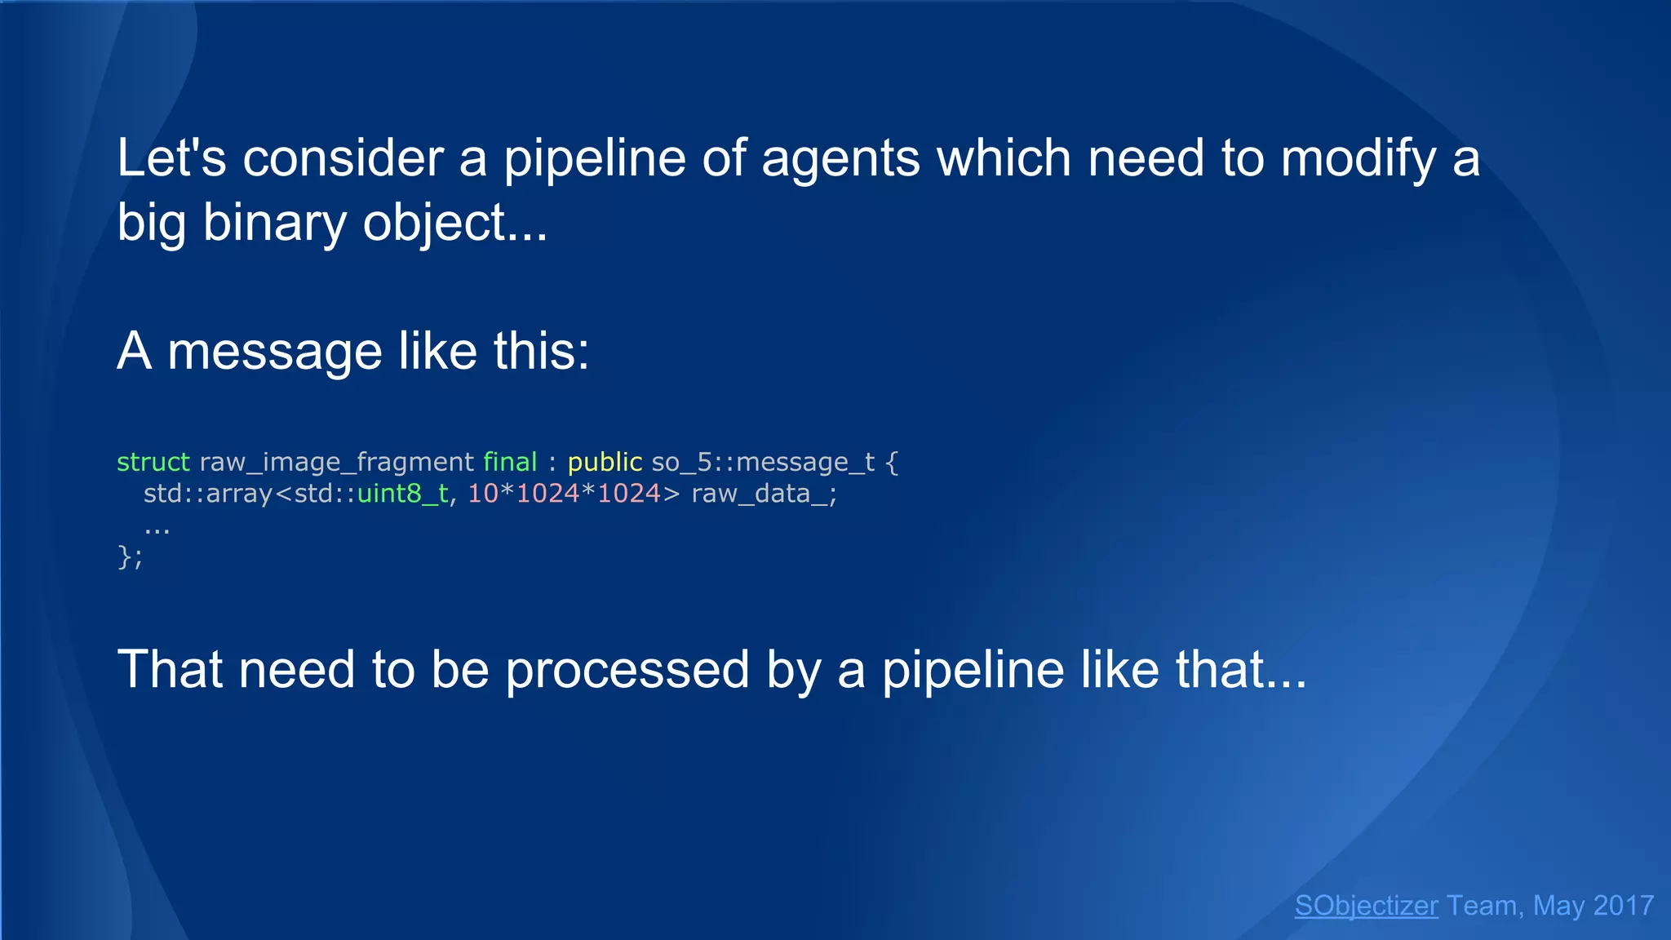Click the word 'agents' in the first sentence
[x=840, y=160]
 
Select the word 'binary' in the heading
[x=274, y=224]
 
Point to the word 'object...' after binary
[x=454, y=224]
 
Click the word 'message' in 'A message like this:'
[x=274, y=352]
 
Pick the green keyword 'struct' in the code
[x=153, y=462]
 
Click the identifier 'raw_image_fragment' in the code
[x=336, y=463]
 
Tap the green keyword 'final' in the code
[x=510, y=462]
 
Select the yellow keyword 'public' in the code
[x=605, y=463]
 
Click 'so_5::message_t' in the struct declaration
[x=763, y=463]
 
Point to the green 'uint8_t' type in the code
[x=403, y=494]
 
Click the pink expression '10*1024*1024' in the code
[x=564, y=494]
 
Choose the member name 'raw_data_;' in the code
[x=764, y=494]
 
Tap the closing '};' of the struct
[x=130, y=557]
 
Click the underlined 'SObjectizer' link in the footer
[x=1366, y=906]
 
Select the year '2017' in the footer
[x=1623, y=906]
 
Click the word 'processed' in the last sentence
[x=627, y=671]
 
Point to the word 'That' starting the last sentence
[x=169, y=671]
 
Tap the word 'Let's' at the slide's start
[x=171, y=158]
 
